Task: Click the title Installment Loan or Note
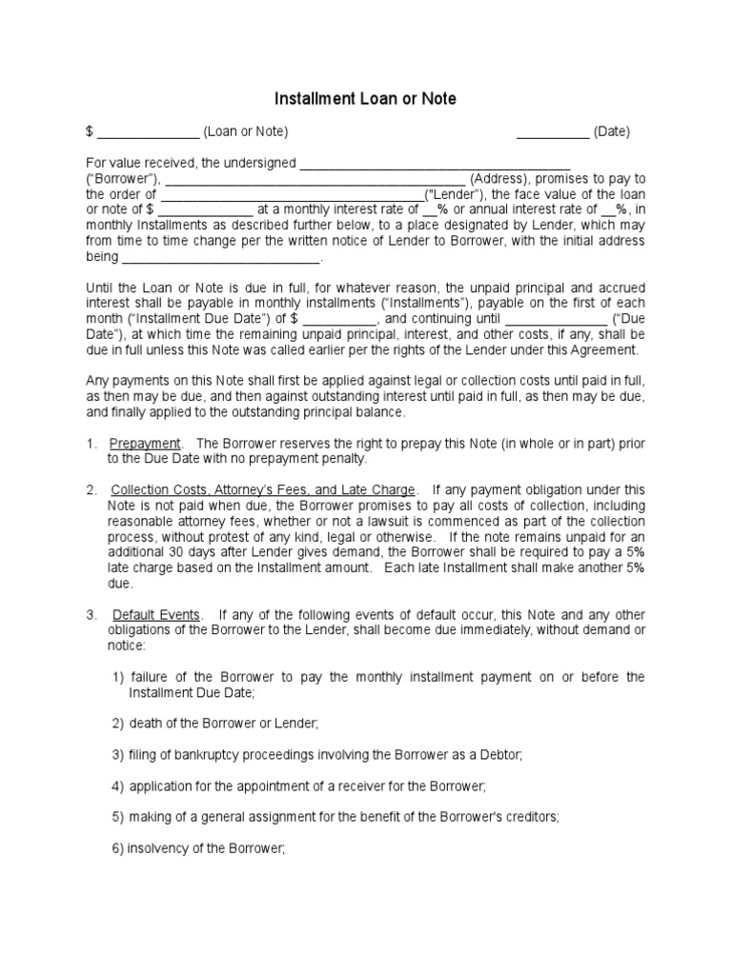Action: pyautogui.click(x=365, y=98)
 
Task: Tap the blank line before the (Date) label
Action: pyautogui.click(x=553, y=132)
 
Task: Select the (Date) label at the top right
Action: pyautogui.click(x=611, y=131)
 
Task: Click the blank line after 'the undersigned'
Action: pyautogui.click(x=435, y=164)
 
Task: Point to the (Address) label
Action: pyautogui.click(x=498, y=179)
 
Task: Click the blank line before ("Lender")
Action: pyautogui.click(x=291, y=194)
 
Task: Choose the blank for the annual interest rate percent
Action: pyautogui.click(x=607, y=209)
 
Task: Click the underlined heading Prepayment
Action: pyautogui.click(x=145, y=444)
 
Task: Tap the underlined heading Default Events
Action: pyautogui.click(x=156, y=614)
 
